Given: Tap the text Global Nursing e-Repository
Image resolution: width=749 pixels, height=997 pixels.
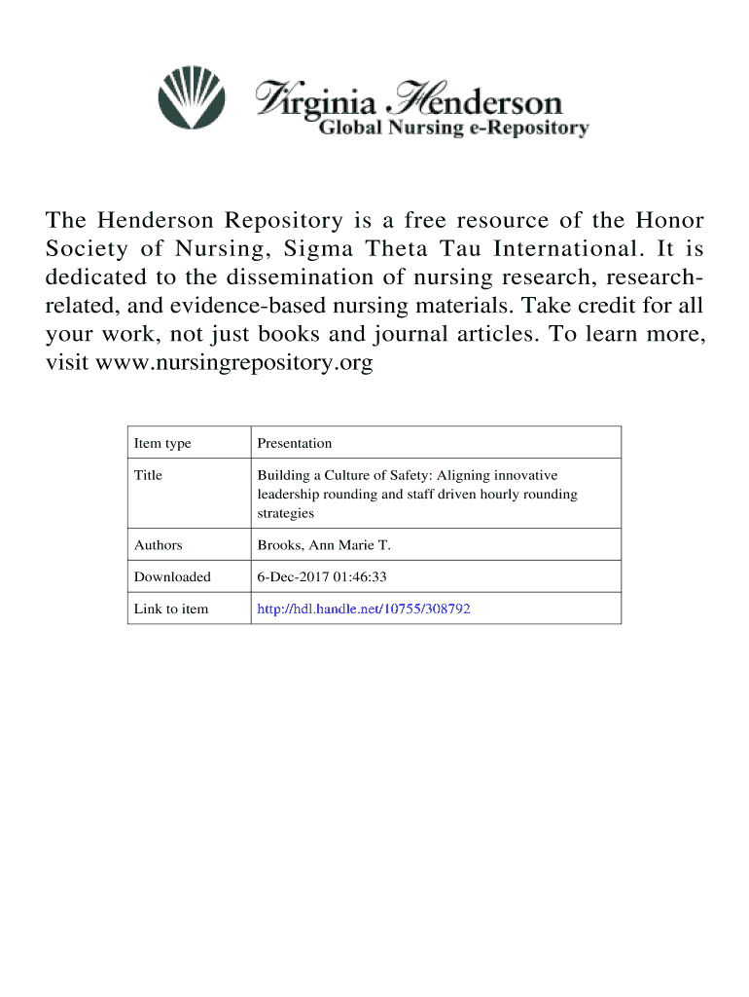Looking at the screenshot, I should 454,129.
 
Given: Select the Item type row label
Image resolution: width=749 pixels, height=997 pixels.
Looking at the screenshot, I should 162,443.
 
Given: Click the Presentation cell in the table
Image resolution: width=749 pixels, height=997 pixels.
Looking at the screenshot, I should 294,443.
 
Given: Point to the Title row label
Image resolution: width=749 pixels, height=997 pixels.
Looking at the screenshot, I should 148,475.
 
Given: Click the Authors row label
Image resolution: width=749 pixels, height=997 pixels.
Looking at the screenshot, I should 158,545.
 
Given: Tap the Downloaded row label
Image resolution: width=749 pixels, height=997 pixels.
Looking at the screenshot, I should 172,577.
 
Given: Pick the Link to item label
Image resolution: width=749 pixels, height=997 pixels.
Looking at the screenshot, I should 171,609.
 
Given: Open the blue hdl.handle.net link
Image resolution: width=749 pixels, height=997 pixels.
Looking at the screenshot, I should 364,609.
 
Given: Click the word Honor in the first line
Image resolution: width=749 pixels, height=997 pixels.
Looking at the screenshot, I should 671,223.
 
